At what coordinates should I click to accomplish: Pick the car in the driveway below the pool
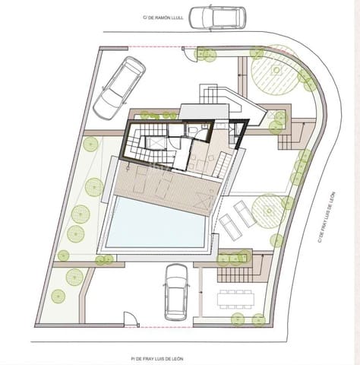pyautogui.click(x=176, y=290)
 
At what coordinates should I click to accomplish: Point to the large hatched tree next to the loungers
pyautogui.click(x=268, y=209)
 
